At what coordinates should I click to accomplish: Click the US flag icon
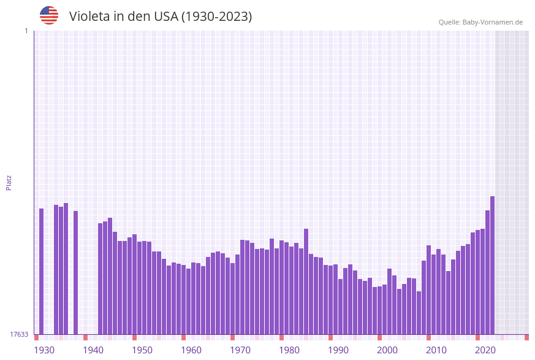point(49,15)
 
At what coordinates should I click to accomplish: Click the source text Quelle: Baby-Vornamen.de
point(480,22)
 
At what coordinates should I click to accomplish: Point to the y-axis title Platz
point(9,182)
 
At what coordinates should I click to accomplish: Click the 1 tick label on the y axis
point(26,31)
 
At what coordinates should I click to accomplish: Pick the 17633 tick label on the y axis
point(19,334)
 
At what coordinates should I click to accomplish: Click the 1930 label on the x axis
point(44,350)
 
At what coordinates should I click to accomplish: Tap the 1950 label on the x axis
point(142,350)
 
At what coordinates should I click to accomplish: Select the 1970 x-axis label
point(240,350)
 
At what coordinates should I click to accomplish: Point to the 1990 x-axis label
point(338,350)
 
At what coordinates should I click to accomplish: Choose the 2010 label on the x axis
point(436,350)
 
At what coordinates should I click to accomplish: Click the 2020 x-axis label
point(485,350)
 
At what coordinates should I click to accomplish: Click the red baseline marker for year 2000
point(379,337)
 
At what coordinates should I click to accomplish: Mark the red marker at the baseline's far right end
point(526,337)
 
